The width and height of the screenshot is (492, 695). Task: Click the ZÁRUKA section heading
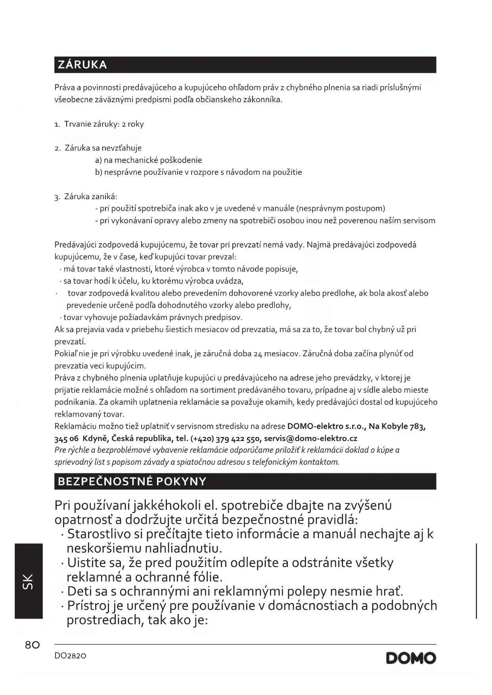(82, 65)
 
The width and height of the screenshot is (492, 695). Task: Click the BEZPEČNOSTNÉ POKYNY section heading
(132, 481)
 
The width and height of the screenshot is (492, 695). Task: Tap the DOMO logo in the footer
(411, 658)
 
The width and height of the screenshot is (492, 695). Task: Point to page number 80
(33, 645)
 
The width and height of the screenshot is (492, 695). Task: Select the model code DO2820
(70, 656)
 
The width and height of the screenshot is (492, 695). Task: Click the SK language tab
(29, 581)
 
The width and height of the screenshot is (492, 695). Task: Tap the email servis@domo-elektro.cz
(310, 439)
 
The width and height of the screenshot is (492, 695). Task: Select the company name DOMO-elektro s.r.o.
(325, 426)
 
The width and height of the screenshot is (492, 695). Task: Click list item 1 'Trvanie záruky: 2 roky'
(99, 124)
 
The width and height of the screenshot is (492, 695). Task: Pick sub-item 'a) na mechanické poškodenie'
(148, 160)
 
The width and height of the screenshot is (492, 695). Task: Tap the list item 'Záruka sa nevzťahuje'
(103, 148)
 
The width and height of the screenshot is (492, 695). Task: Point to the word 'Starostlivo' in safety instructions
(99, 534)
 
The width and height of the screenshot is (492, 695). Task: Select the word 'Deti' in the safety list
(80, 591)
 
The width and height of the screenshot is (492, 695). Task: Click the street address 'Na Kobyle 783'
(396, 426)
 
